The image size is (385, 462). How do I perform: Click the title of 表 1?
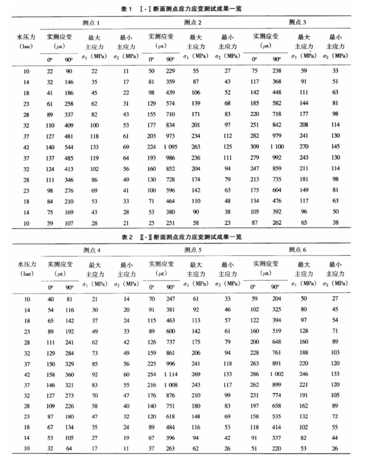(192, 9)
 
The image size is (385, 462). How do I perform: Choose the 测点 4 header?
(92, 249)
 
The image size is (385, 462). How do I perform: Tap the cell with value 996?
(170, 364)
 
